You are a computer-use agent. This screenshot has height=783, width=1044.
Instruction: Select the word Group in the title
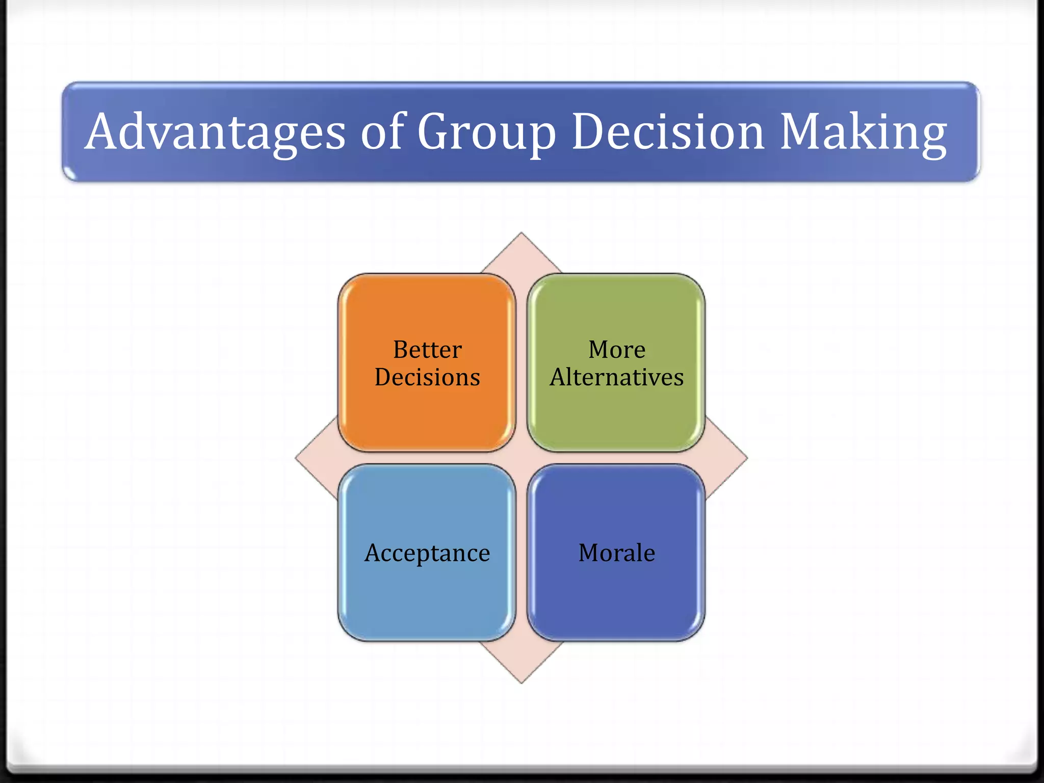(x=486, y=133)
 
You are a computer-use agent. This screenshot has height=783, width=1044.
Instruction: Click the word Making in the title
(x=864, y=133)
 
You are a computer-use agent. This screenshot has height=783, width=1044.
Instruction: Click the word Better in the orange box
(x=427, y=350)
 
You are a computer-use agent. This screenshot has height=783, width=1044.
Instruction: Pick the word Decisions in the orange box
(x=427, y=377)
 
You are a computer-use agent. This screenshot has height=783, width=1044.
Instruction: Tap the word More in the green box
(x=617, y=350)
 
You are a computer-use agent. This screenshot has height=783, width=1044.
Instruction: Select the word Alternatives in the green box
(x=617, y=377)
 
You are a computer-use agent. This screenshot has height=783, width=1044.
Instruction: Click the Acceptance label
(x=427, y=553)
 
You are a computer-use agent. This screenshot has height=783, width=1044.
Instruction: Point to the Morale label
(x=617, y=553)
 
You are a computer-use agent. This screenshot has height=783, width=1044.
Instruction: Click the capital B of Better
(x=401, y=350)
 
